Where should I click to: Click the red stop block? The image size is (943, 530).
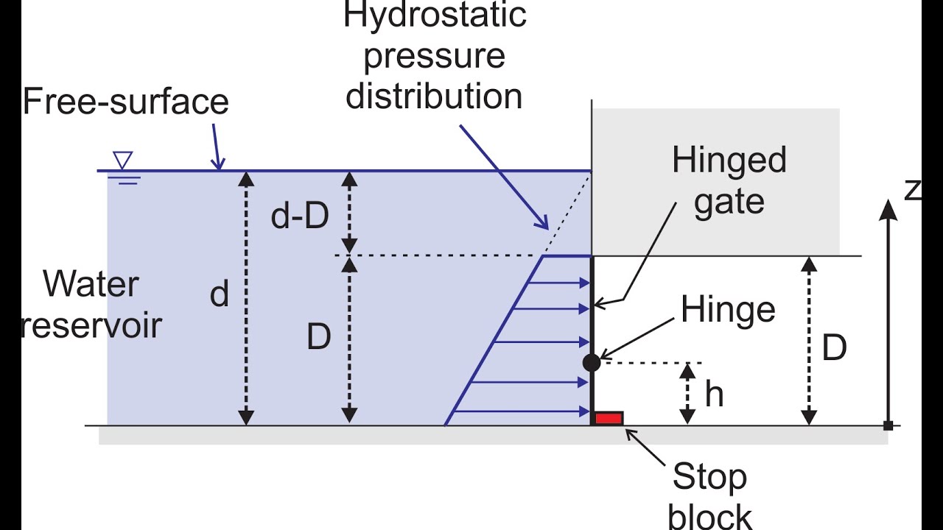pos(609,418)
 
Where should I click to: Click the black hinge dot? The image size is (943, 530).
pos(592,362)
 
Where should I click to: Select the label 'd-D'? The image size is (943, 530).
pos(299,217)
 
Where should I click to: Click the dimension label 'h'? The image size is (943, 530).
pos(714,395)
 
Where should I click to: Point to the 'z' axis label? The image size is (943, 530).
pos(912,189)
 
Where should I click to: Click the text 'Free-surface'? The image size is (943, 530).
pos(126,102)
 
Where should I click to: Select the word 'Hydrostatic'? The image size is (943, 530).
pos(435,15)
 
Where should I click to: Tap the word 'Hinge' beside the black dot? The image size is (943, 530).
pos(728,310)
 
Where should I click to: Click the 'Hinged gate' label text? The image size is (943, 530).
pos(729,180)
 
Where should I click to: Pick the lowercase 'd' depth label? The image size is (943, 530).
pos(220,294)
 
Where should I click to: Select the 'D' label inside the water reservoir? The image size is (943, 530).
pos(318,338)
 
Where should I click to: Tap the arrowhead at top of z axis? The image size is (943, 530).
pos(888,210)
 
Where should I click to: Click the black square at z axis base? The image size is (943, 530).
pos(888,425)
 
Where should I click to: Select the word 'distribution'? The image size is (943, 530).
pos(435,96)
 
